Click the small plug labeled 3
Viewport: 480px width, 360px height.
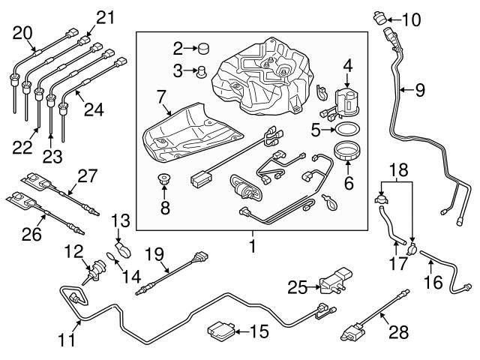pos(200,72)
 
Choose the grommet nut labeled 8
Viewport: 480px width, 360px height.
pos(164,182)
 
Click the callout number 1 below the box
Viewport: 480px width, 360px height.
pos(252,244)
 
